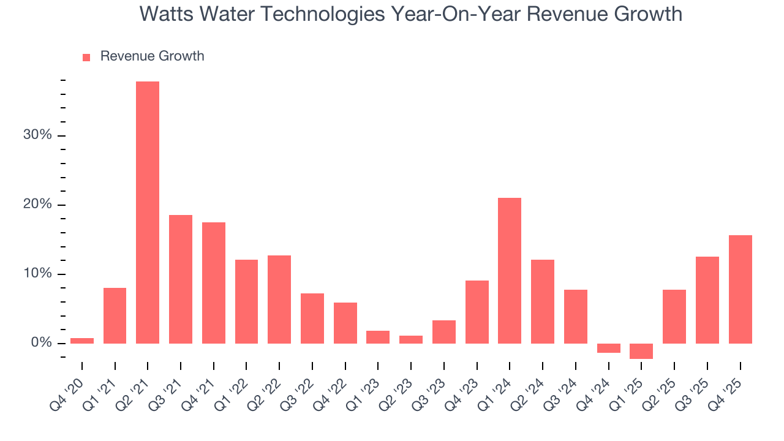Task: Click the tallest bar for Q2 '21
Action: [148, 212]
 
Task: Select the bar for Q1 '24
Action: [510, 270]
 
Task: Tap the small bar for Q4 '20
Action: [82, 341]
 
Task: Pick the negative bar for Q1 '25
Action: [641, 351]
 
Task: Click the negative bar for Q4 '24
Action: [608, 348]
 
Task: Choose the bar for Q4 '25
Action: [740, 289]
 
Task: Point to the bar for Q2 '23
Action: [411, 339]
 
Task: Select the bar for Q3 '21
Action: [181, 279]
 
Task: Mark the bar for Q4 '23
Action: [477, 312]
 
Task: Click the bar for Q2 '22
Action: [279, 299]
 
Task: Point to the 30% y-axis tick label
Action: [37, 135]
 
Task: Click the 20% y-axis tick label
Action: [37, 205]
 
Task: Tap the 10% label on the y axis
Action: [37, 274]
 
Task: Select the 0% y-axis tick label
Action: [41, 343]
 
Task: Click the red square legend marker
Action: [86, 57]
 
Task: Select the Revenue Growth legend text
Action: [152, 56]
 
